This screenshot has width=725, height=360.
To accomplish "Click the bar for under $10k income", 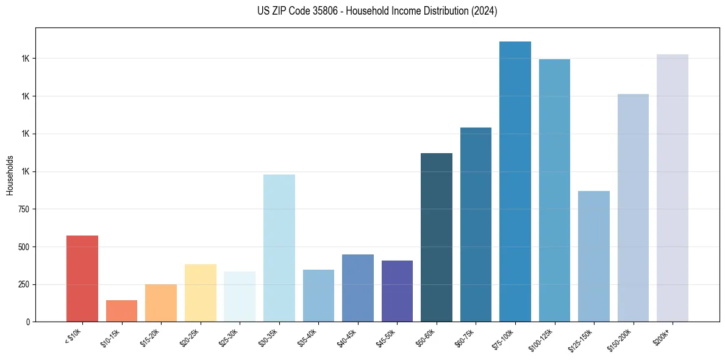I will point(82,278).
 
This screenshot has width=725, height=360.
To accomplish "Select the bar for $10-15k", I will point(121,311).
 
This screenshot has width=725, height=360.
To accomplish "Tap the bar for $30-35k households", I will point(279,248).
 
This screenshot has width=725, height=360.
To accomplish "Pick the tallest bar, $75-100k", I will point(515,181).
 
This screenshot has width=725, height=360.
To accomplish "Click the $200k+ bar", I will point(672,188).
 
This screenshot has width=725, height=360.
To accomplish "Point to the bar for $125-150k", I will point(593,256).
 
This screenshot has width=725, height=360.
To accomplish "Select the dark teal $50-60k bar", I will point(436,237).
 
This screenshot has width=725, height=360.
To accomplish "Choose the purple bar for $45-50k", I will point(397,291).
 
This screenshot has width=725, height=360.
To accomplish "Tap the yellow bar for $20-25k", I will point(200,293).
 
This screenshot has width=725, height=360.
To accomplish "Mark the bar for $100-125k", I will point(554,190).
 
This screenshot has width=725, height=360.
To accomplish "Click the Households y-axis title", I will point(10,175).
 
